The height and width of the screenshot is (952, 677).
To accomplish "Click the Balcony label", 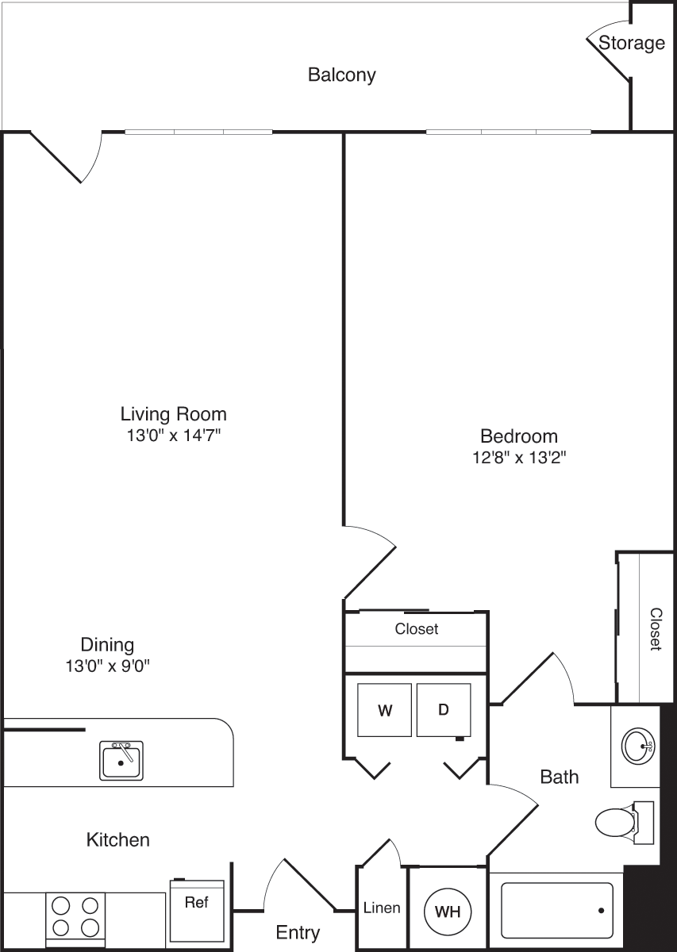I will tap(341, 75).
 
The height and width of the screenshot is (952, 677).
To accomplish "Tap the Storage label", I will tap(631, 43).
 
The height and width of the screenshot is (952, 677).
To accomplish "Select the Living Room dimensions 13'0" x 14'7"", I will tap(173, 436).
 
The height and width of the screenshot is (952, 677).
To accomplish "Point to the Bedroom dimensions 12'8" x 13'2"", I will tap(518, 458).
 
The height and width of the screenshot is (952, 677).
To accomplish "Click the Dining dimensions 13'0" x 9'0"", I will tap(107, 666).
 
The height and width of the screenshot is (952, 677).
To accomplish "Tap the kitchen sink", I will tap(121, 761).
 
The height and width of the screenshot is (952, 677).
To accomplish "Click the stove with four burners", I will tap(75, 916).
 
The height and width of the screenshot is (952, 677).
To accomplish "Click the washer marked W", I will tap(384, 709).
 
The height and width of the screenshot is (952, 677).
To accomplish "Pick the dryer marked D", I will tap(444, 709).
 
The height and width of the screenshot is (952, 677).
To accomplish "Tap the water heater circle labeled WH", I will tap(448, 911).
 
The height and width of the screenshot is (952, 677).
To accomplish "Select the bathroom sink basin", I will tap(637, 745).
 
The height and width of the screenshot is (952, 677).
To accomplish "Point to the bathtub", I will tap(556, 910).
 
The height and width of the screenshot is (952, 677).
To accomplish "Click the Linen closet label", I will tap(381, 908).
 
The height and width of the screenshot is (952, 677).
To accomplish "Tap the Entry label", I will tap(298, 932).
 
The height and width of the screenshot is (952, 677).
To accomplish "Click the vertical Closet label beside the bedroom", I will tap(656, 629).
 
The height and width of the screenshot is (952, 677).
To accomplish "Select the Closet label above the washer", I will tap(417, 629).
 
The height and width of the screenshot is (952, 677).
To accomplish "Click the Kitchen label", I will tap(117, 839).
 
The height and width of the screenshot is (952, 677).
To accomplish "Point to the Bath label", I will tap(559, 777).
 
